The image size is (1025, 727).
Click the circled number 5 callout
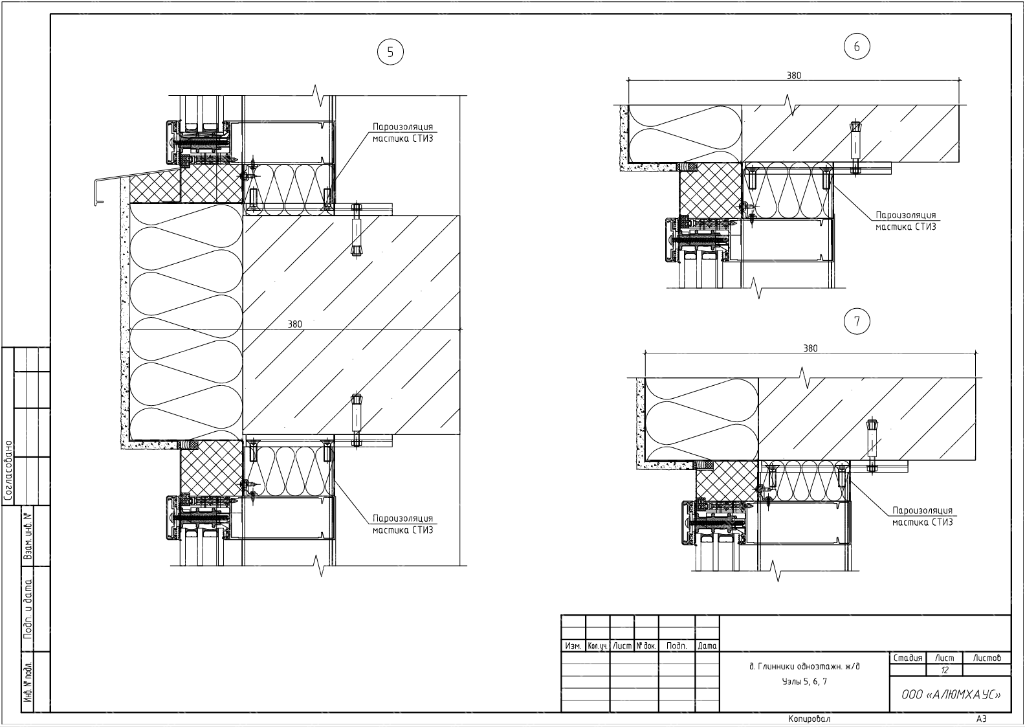point(390,53)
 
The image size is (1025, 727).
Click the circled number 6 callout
point(857,47)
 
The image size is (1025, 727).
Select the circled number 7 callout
point(857,321)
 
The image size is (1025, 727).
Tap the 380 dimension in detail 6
point(794,76)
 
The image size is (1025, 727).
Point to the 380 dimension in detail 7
point(810,348)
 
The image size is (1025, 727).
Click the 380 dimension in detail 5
point(294,324)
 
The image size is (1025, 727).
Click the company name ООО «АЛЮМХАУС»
point(951,695)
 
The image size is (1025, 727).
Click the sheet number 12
point(945,670)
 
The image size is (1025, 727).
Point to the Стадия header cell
point(908,658)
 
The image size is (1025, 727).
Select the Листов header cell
point(986,658)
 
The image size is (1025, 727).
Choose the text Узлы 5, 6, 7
point(804,682)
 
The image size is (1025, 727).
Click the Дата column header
point(707,646)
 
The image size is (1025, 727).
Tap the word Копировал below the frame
point(809,719)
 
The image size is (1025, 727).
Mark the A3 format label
point(982,719)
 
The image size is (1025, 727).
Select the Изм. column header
point(573,646)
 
